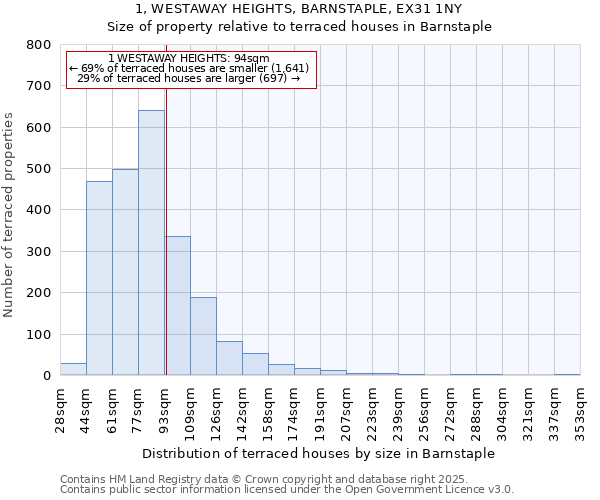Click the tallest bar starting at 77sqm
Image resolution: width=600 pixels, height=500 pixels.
pyautogui.click(x=151, y=243)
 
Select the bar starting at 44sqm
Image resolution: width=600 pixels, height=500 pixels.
pyautogui.click(x=99, y=278)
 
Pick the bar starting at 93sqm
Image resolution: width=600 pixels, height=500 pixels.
pyautogui.click(x=178, y=306)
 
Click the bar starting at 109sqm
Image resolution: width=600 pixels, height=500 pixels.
pyautogui.click(x=203, y=336)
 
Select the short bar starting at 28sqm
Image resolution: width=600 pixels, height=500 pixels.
pyautogui.click(x=73, y=369)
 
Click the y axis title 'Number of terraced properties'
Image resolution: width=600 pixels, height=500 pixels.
pyautogui.click(x=9, y=215)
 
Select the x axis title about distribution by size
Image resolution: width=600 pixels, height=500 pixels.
pyautogui.click(x=319, y=453)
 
